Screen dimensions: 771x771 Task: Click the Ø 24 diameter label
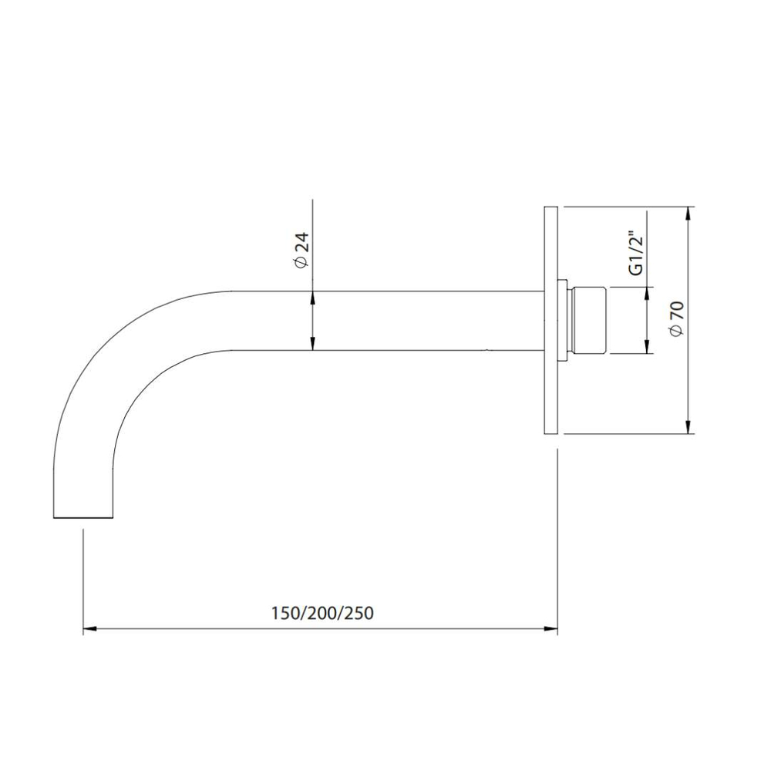[302, 250]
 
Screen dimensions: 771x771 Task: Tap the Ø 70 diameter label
[677, 318]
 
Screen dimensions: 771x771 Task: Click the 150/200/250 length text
[322, 613]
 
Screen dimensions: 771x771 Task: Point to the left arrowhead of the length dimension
[89, 628]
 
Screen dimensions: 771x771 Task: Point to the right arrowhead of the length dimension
[550, 628]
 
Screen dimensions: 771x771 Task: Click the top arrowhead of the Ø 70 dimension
[689, 214]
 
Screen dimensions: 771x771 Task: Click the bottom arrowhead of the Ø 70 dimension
[689, 427]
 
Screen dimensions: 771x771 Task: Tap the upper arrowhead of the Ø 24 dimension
[312, 298]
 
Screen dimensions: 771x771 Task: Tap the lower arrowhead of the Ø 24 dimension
[312, 344]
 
